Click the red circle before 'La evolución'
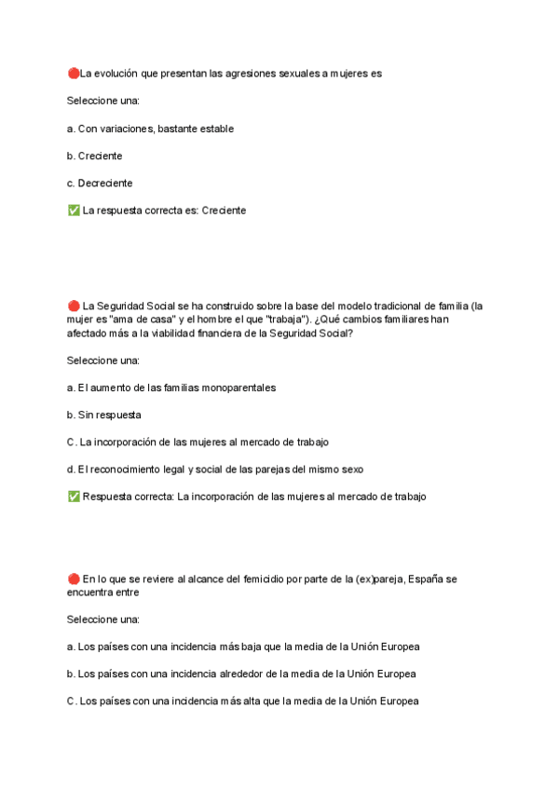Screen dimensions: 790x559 (74, 73)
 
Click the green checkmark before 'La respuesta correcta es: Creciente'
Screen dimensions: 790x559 (74, 211)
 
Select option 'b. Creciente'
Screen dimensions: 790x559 (95, 156)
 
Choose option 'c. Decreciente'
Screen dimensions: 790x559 (100, 184)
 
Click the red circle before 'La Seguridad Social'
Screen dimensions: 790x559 (74, 306)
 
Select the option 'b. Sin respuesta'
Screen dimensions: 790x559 (104, 415)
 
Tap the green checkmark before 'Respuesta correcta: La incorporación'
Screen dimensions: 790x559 (74, 497)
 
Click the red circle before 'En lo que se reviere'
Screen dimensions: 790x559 (74, 579)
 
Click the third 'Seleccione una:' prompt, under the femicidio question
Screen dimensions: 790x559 (103, 619)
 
